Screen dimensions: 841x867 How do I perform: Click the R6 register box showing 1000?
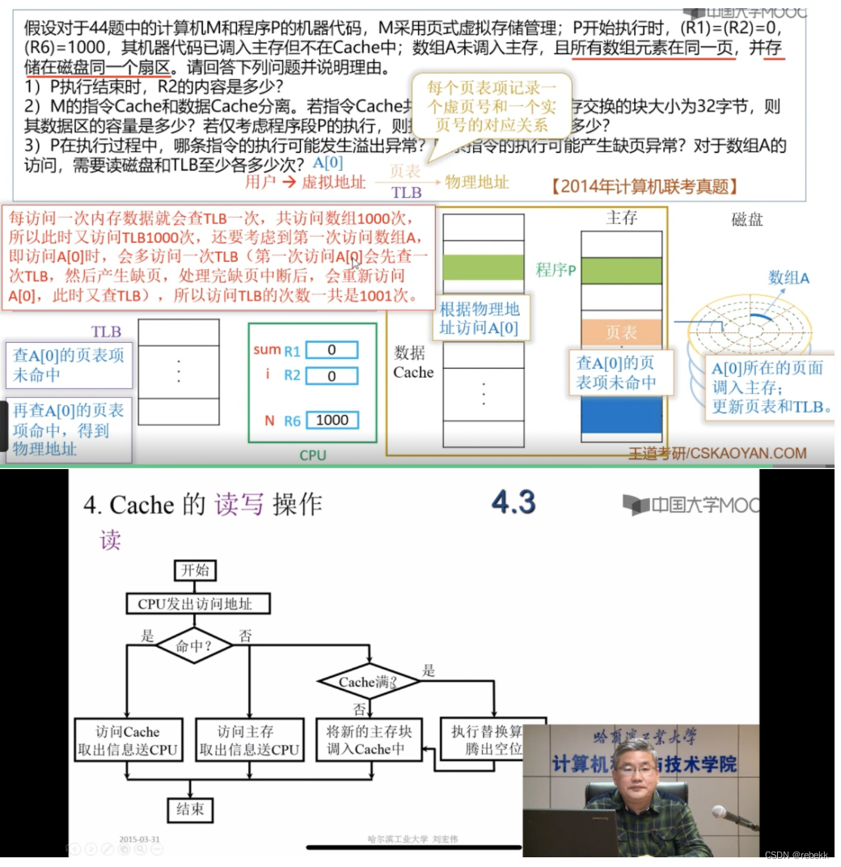point(332,420)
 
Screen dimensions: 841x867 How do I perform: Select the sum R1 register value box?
point(332,350)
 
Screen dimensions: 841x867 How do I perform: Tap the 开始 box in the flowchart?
point(195,570)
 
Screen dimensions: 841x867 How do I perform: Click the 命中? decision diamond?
point(194,646)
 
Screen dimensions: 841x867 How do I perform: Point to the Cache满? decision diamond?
point(368,682)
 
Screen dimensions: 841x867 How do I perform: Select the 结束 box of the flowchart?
point(190,809)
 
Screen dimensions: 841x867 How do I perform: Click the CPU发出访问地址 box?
point(197,603)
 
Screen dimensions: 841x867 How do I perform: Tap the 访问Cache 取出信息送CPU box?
point(129,740)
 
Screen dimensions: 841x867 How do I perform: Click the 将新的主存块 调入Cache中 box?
point(369,740)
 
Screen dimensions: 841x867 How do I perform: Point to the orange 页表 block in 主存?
point(621,332)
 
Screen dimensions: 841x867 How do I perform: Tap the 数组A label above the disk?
point(788,277)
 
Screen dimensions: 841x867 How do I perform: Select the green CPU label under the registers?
point(312,455)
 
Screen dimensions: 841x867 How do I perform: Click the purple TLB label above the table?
point(106,332)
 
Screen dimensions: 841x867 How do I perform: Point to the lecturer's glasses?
point(638,770)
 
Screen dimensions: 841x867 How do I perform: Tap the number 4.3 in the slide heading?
point(513,502)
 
